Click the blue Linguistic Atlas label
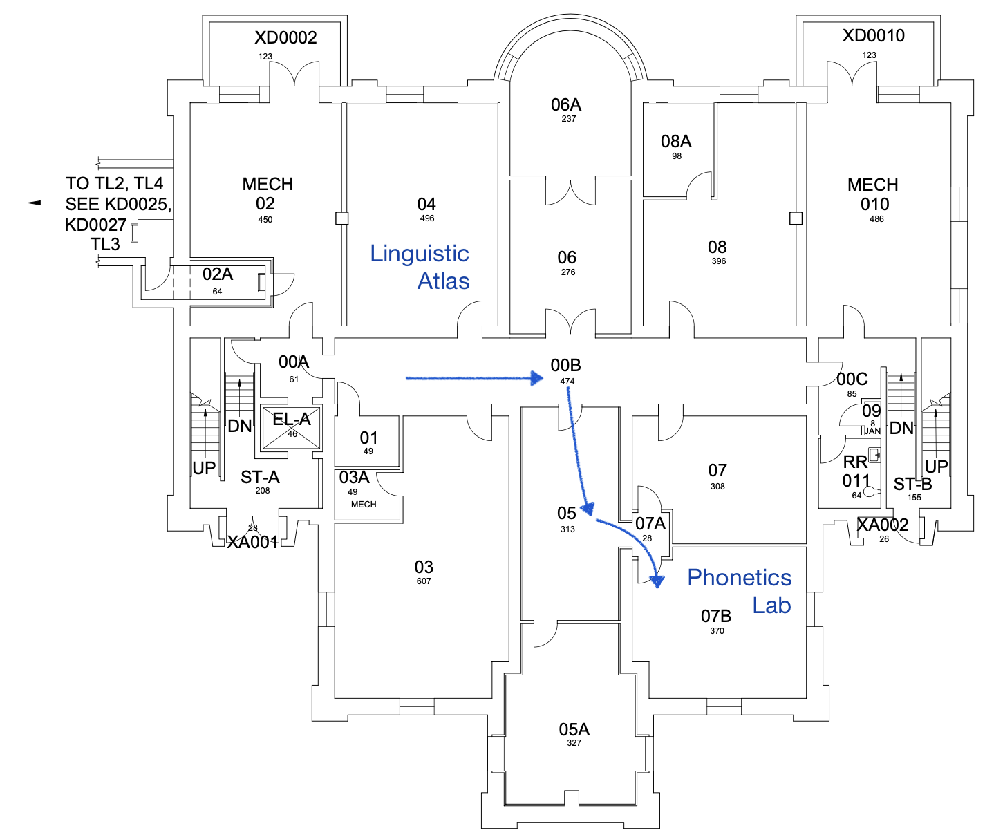[420, 267]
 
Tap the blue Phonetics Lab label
[739, 591]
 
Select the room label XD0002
[285, 37]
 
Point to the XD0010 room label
[873, 36]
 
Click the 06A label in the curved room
[565, 105]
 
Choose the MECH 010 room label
[872, 194]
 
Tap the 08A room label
[676, 142]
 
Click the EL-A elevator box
[291, 427]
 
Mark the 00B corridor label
[565, 366]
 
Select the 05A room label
[574, 730]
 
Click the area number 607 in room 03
[424, 581]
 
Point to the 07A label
[650, 524]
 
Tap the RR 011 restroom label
[856, 471]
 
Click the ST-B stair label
[912, 485]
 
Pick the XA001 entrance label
[252, 543]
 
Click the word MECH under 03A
[364, 504]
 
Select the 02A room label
[217, 274]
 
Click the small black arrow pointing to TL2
[42, 203]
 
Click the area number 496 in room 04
[427, 218]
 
